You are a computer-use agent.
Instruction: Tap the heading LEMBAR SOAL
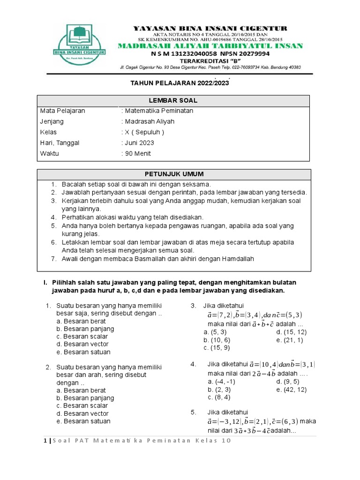point(173,101)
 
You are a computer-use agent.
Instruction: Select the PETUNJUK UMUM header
point(173,174)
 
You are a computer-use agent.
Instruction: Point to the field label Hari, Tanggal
point(60,143)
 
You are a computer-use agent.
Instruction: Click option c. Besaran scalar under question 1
point(82,337)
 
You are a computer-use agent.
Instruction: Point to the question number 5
point(193,412)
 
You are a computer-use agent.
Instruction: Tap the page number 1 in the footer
point(45,441)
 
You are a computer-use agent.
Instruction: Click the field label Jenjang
point(52,121)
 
